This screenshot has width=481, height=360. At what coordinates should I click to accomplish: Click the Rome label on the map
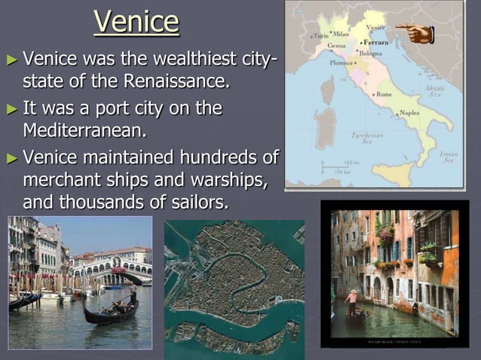coord(382,94)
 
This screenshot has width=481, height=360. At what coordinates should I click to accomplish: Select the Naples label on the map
coord(409,112)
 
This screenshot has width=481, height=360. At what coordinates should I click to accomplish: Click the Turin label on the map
coord(320,35)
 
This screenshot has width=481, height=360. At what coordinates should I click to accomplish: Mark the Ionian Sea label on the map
coord(449,156)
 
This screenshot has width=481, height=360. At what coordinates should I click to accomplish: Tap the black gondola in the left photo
coord(110,313)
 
